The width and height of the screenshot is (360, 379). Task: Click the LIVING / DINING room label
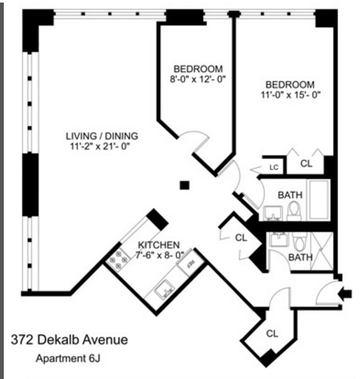pyautogui.click(x=102, y=136)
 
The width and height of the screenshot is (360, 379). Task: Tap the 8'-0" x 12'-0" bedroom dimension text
pyautogui.click(x=198, y=80)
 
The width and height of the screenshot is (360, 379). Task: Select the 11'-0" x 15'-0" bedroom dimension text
pyautogui.click(x=290, y=96)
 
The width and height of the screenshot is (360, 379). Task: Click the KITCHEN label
pyautogui.click(x=159, y=244)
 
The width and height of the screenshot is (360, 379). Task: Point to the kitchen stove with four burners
pyautogui.click(x=118, y=260)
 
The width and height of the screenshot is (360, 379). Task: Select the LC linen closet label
pyautogui.click(x=274, y=167)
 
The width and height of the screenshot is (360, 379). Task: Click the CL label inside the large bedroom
pyautogui.click(x=306, y=164)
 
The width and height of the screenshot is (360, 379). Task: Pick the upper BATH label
pyautogui.click(x=290, y=195)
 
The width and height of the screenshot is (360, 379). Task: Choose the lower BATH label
pyautogui.click(x=300, y=257)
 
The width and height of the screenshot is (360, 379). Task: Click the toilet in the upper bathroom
pyautogui.click(x=294, y=212)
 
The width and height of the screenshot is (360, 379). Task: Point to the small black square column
pyautogui.click(x=184, y=185)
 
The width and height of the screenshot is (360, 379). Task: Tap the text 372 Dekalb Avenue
pyautogui.click(x=69, y=340)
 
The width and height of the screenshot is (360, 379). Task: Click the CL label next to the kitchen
pyautogui.click(x=241, y=238)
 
